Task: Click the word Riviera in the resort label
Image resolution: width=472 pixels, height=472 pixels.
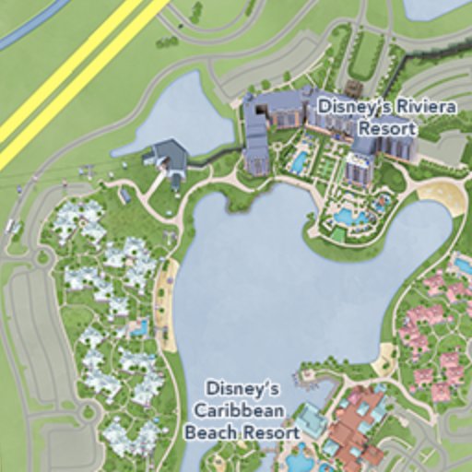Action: tap(396, 107)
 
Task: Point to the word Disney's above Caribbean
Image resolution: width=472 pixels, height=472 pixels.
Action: tap(242, 390)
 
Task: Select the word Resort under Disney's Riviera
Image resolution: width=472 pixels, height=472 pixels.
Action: tap(385, 127)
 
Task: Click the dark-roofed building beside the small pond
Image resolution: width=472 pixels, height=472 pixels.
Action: tap(170, 158)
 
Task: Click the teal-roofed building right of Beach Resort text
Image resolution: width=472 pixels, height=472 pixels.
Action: tap(311, 421)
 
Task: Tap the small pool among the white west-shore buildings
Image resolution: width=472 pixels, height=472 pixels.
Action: tap(139, 326)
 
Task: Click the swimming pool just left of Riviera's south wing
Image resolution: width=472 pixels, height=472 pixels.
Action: tap(299, 162)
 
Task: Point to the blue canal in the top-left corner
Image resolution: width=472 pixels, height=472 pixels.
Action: tap(32, 23)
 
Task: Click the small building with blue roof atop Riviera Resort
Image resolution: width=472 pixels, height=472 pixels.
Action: tap(353, 88)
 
